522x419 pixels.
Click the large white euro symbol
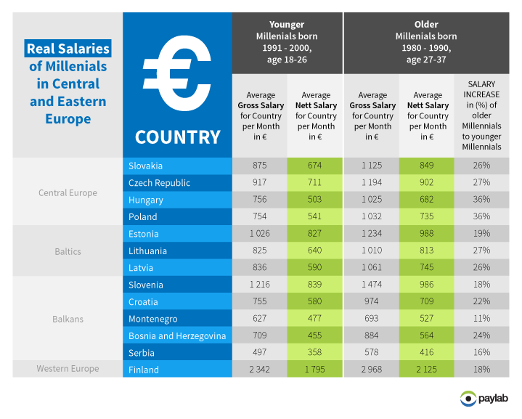click(x=177, y=73)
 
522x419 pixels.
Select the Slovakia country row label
click(x=145, y=166)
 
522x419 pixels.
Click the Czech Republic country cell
click(x=158, y=183)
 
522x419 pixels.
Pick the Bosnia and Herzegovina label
click(x=176, y=335)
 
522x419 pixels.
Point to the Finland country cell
click(x=144, y=370)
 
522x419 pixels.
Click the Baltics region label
click(x=68, y=251)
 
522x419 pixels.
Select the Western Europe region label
click(x=68, y=369)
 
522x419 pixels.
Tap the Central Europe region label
click(x=68, y=192)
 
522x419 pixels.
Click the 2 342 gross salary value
click(x=261, y=370)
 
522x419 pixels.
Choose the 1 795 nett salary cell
click(x=316, y=370)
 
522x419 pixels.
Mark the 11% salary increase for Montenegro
click(x=481, y=319)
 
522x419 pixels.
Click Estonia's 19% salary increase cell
click(x=481, y=234)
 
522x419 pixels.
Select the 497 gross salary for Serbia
click(x=261, y=353)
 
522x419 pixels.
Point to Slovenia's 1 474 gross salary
click(x=372, y=285)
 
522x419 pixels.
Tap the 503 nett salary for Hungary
click(x=316, y=200)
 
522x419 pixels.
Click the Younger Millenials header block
click(x=287, y=42)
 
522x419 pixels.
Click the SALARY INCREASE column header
click(x=481, y=115)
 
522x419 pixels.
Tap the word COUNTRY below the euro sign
click(x=177, y=137)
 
